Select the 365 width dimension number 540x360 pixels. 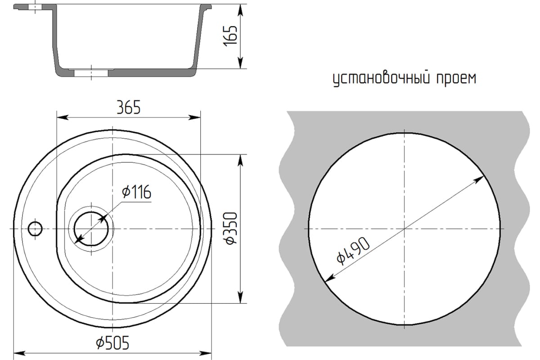(x=129, y=107)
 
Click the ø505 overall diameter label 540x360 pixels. (x=112, y=343)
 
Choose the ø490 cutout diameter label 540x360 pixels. (x=353, y=251)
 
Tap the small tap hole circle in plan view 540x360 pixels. (x=35, y=229)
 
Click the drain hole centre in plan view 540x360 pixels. (x=91, y=229)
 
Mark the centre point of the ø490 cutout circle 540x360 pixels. (x=405, y=229)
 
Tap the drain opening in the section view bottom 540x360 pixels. (x=91, y=72)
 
